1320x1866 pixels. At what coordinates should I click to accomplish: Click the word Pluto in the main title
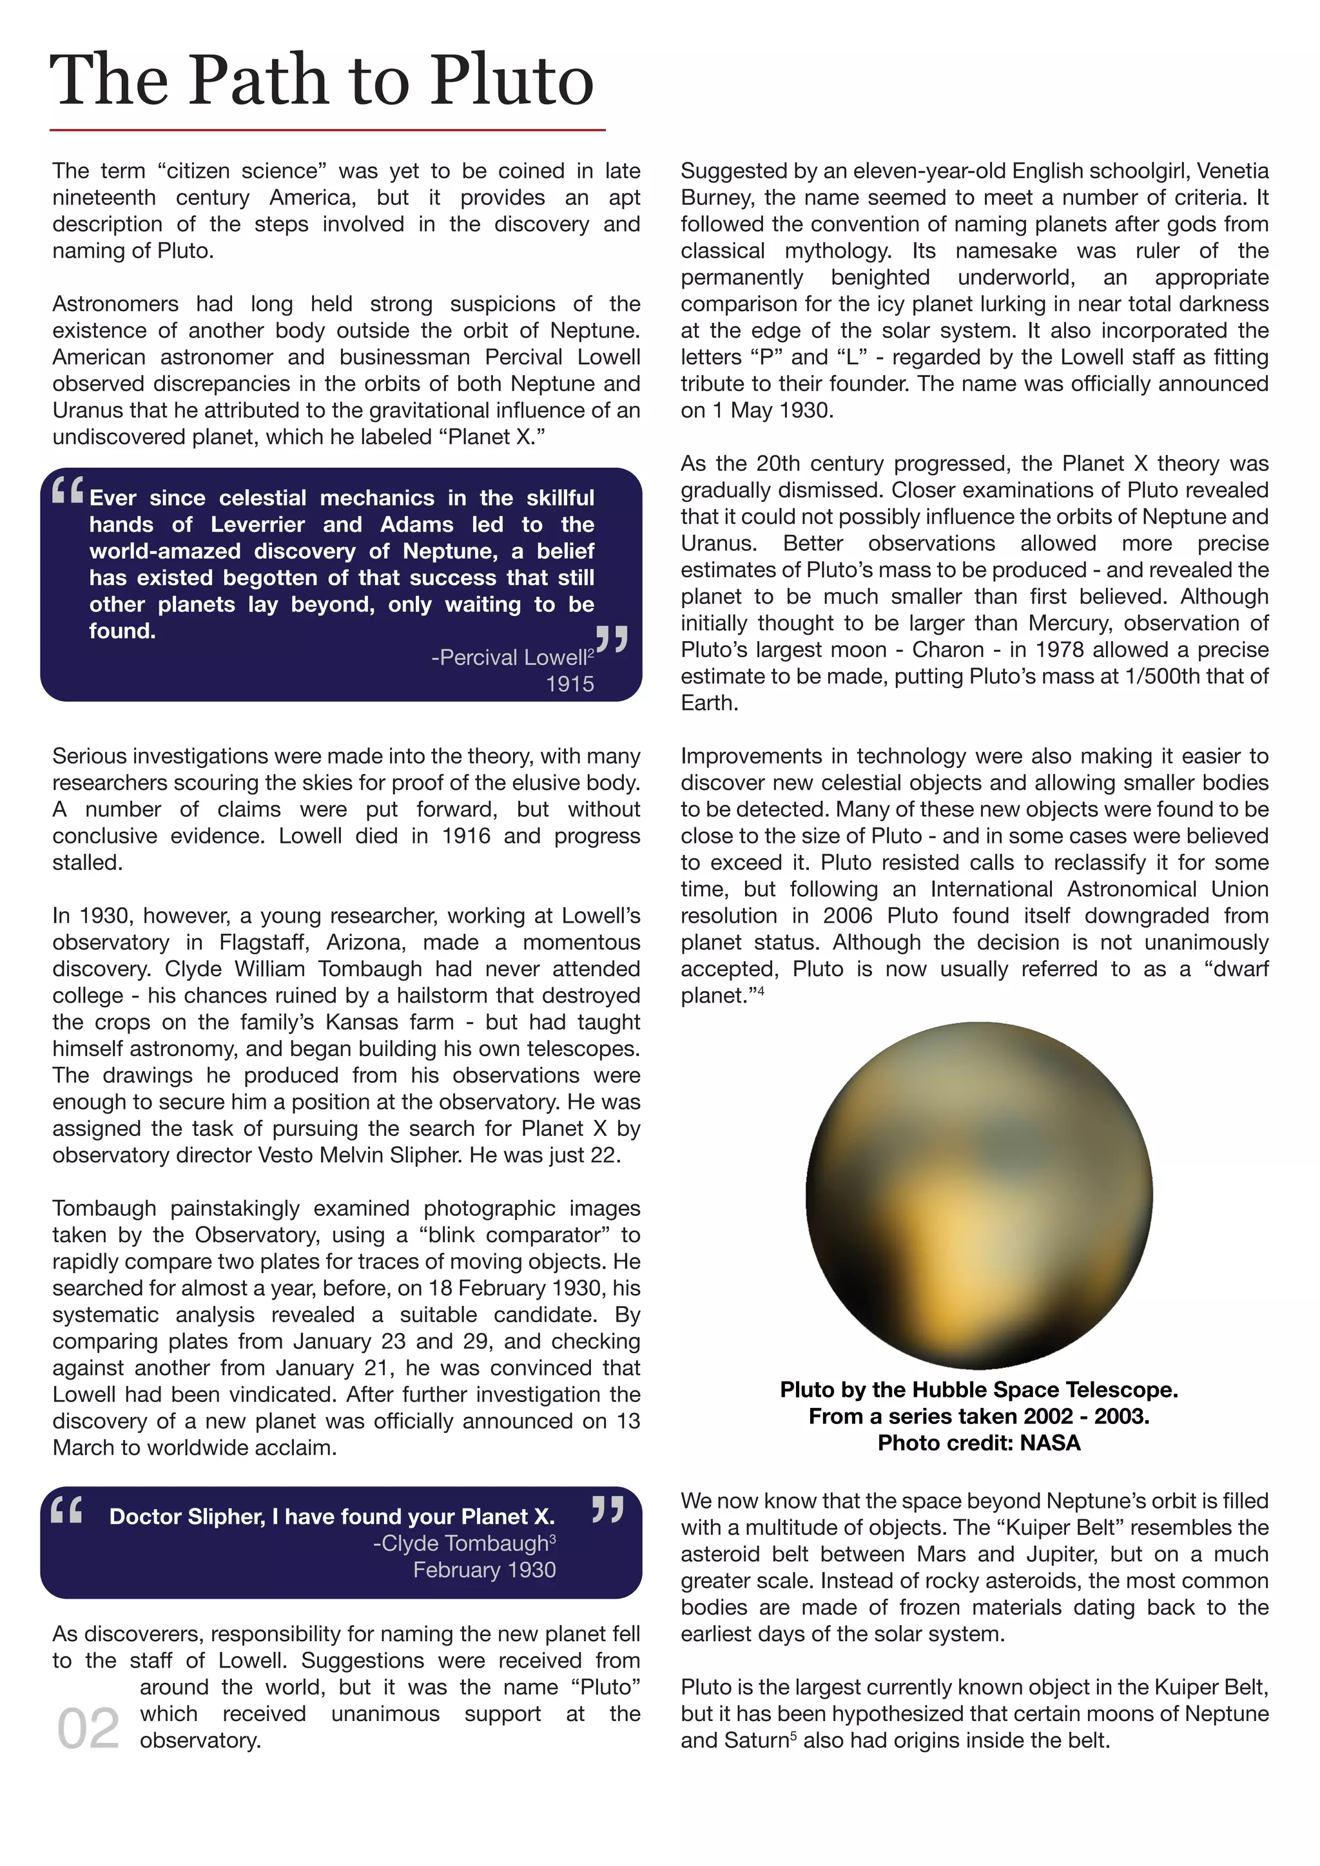coord(512,81)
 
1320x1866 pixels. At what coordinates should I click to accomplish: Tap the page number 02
coord(88,1729)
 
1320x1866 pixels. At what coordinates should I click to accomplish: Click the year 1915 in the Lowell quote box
coord(569,684)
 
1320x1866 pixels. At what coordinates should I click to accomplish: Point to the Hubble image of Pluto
coord(978,1195)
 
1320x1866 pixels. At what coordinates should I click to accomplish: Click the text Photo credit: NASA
coord(978,1443)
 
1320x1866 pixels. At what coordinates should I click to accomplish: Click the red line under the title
coord(327,130)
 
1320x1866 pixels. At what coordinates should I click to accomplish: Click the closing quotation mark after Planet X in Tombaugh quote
coord(607,1510)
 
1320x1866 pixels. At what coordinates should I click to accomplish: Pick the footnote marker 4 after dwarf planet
coord(761,991)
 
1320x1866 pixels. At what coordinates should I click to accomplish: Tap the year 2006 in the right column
coord(847,916)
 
